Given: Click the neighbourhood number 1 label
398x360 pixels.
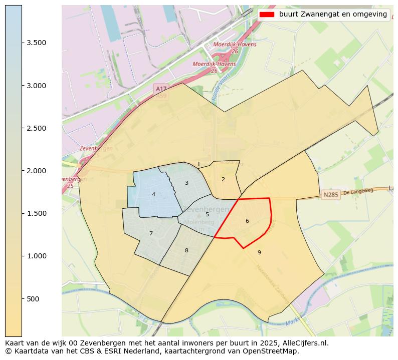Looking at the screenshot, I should pos(198,164).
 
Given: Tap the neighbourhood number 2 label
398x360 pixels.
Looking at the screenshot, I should pos(223,179).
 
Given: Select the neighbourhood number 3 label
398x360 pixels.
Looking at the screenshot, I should pos(186,183).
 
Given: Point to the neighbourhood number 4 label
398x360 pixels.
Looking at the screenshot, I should pos(153,194).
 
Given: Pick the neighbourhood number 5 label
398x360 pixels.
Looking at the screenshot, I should pos(207,214).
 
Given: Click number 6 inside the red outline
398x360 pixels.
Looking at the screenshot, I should pos(247,221).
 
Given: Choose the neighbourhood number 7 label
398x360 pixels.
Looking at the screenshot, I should pos(151,233).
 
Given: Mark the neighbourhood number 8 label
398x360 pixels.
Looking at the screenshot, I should pos(186,250).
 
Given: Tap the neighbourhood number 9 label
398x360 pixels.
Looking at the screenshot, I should pos(259,252).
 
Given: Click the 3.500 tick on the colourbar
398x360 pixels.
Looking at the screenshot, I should pos(37,43).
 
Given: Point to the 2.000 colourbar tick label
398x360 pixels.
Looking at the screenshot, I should pos(37,171).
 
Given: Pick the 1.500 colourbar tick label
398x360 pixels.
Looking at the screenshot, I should pos(37,213).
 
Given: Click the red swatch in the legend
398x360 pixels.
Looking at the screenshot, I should pos(267,15).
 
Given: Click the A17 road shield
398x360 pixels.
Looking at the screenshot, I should pos(161,89).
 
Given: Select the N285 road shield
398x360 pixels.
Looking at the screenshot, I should pos(331,195).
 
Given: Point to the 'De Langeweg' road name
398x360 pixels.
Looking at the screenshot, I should pos(359,192).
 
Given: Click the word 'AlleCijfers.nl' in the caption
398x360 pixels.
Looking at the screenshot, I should pos(306,343).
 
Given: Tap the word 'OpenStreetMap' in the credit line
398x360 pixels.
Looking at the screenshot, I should pos(274,351).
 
